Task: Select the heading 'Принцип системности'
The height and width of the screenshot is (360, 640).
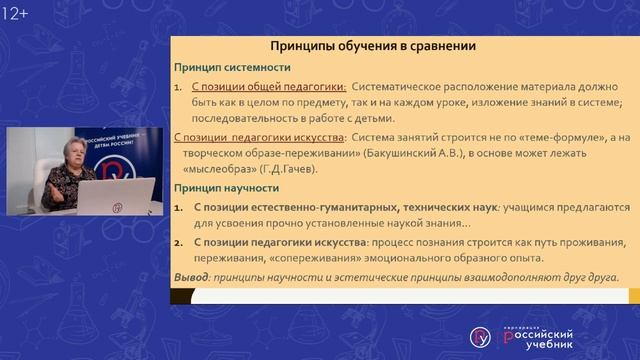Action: click(x=233, y=68)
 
